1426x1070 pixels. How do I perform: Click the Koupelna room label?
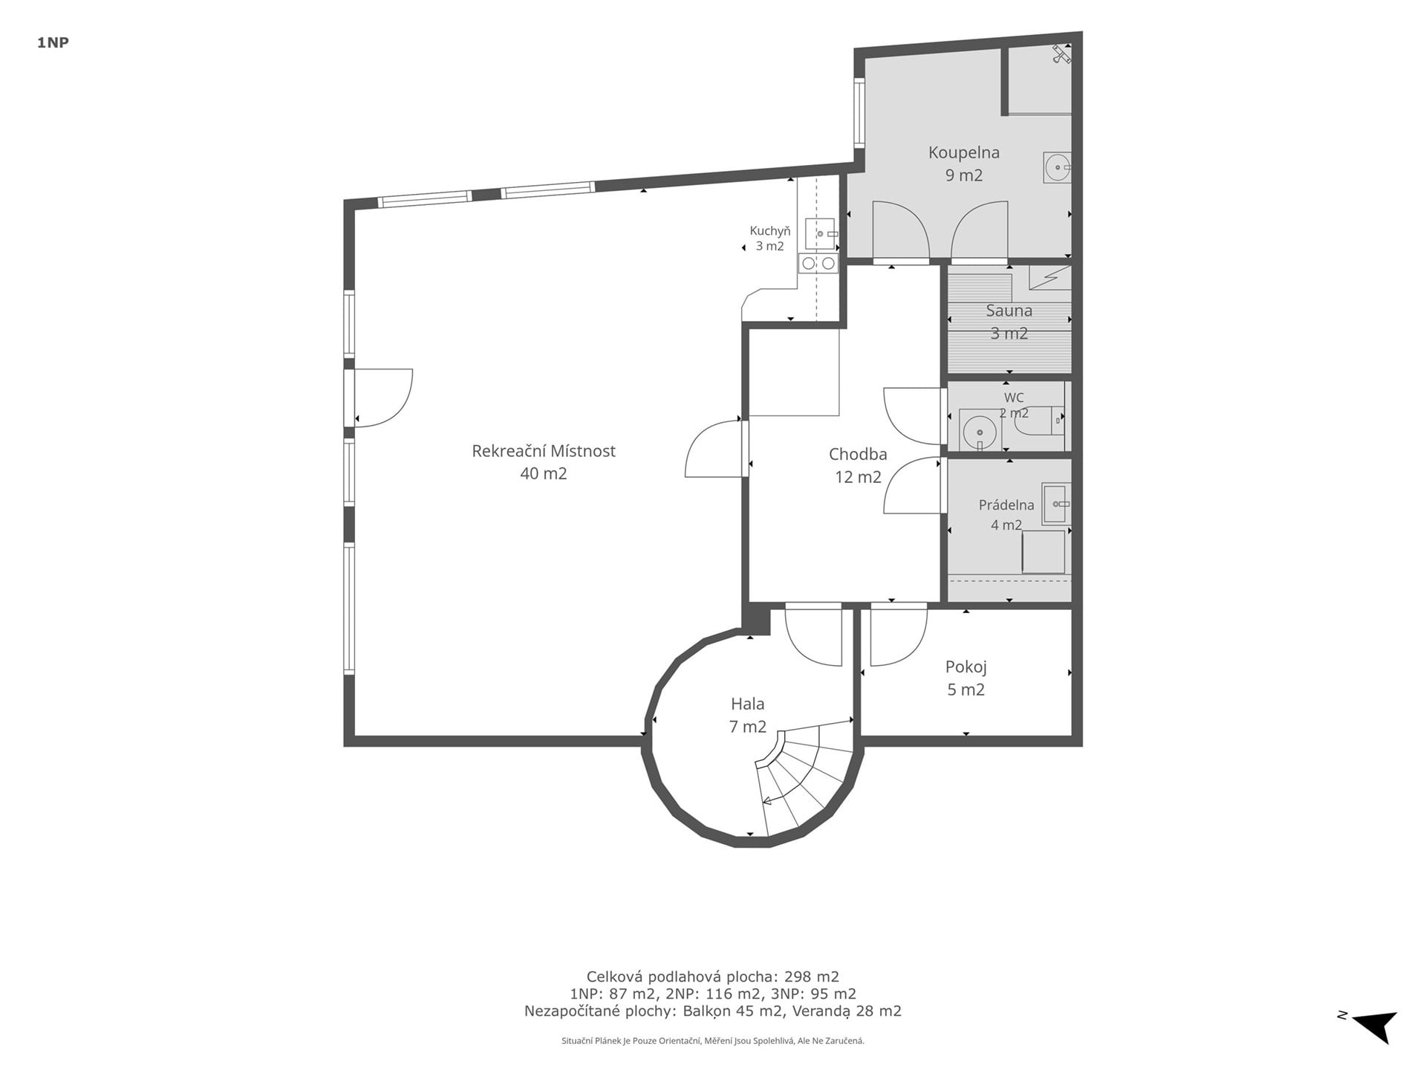tap(963, 152)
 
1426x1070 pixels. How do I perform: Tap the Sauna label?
tap(1009, 311)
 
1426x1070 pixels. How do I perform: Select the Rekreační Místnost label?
tap(544, 451)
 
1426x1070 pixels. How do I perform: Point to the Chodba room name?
tap(858, 454)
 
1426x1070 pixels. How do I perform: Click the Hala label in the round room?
tap(747, 704)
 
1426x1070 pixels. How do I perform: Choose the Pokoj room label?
tap(966, 667)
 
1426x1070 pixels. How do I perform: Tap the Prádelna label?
tap(1006, 505)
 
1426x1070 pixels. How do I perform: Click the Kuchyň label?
tap(770, 231)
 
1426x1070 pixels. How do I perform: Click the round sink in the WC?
tap(980, 431)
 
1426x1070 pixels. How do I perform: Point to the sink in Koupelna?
tap(1058, 167)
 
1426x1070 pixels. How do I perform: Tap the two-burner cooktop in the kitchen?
tap(818, 263)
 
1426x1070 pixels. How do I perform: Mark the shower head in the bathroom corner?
tap(1061, 54)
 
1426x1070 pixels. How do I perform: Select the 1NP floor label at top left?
tap(53, 43)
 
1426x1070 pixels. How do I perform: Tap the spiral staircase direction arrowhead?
tap(766, 801)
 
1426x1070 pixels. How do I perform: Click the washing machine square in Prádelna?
tap(1044, 552)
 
